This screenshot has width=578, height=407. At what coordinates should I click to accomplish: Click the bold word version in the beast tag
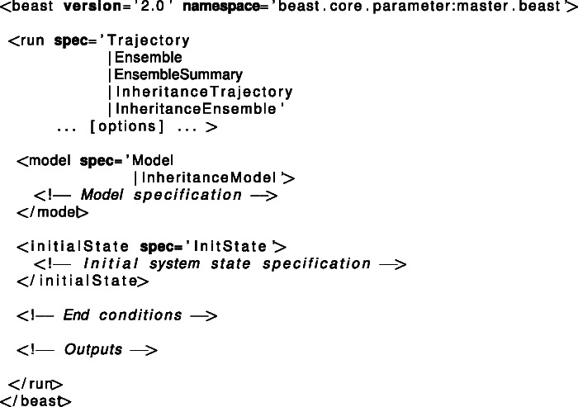tap(88, 8)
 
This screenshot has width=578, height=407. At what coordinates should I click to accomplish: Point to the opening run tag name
tap(31, 40)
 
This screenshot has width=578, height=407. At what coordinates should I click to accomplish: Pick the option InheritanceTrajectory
tap(204, 92)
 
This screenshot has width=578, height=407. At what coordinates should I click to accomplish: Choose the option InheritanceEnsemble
tap(199, 109)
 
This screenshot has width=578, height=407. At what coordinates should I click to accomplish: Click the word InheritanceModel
tap(212, 177)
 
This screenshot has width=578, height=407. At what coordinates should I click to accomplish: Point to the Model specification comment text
tap(160, 195)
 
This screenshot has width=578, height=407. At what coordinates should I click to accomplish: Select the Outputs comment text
tap(93, 349)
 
